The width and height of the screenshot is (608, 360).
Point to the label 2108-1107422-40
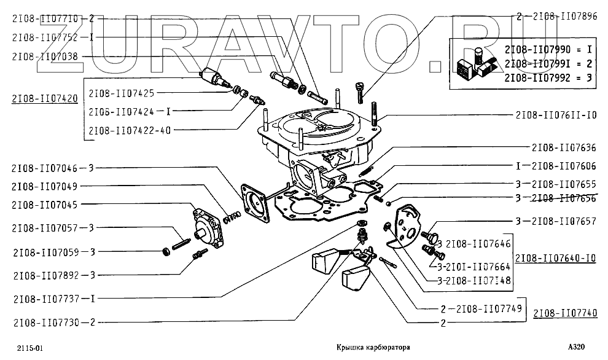click(130, 130)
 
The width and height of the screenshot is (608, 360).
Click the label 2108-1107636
click(564, 147)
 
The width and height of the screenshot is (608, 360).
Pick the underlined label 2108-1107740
click(564, 313)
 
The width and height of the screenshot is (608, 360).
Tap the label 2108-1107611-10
click(556, 115)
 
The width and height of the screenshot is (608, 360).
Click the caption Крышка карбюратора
click(373, 348)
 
